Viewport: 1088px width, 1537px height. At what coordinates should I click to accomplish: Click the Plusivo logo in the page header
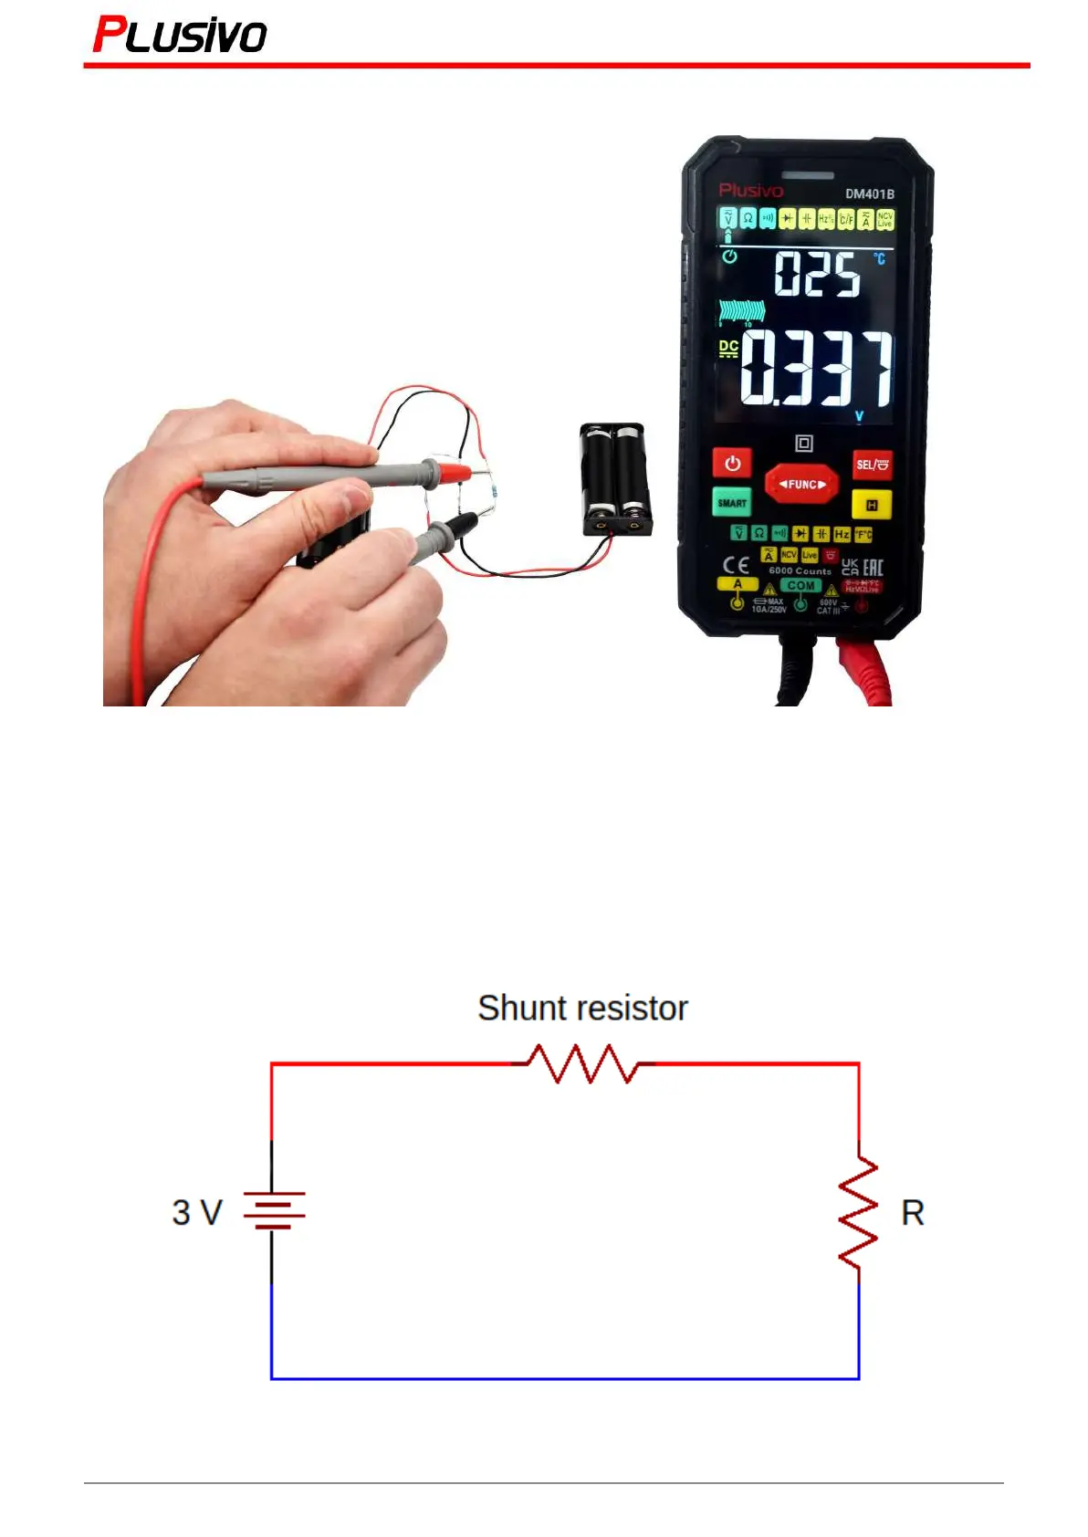(x=180, y=36)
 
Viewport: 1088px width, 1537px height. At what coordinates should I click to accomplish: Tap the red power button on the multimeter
(x=732, y=463)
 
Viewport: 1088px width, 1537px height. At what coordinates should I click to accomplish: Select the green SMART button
(x=732, y=502)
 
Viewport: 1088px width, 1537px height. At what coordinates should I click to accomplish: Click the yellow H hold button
(x=872, y=505)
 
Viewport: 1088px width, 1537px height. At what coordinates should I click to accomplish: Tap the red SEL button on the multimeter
(x=872, y=465)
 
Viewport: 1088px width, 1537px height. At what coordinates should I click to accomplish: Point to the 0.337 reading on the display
(x=816, y=369)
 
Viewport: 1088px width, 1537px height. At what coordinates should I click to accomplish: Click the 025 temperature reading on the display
(x=817, y=274)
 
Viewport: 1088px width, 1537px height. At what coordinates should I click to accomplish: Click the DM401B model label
(x=869, y=193)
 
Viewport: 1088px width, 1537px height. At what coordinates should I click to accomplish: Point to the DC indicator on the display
(x=727, y=348)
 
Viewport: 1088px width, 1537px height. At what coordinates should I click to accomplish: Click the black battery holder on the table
(x=616, y=478)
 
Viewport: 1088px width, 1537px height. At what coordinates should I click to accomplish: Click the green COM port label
(x=800, y=585)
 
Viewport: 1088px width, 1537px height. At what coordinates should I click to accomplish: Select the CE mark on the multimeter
(x=736, y=565)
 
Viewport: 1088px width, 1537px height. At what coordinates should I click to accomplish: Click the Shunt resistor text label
(x=582, y=1008)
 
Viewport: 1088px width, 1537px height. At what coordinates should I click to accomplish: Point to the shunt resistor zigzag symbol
(x=583, y=1063)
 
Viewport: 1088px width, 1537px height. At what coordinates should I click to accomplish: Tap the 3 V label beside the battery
(x=197, y=1212)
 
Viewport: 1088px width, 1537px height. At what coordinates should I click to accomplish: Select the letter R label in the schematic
(x=913, y=1213)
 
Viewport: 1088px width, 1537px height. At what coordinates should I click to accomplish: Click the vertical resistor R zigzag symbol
(x=858, y=1211)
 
